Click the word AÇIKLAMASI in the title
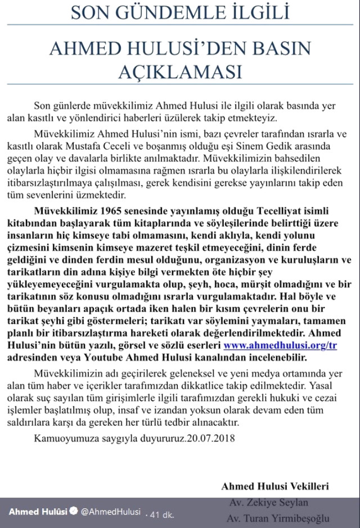[180, 73]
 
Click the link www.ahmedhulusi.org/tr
[280, 345]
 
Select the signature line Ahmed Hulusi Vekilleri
[275, 486]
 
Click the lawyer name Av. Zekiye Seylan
[269, 502]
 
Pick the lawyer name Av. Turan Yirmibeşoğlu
[278, 518]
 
